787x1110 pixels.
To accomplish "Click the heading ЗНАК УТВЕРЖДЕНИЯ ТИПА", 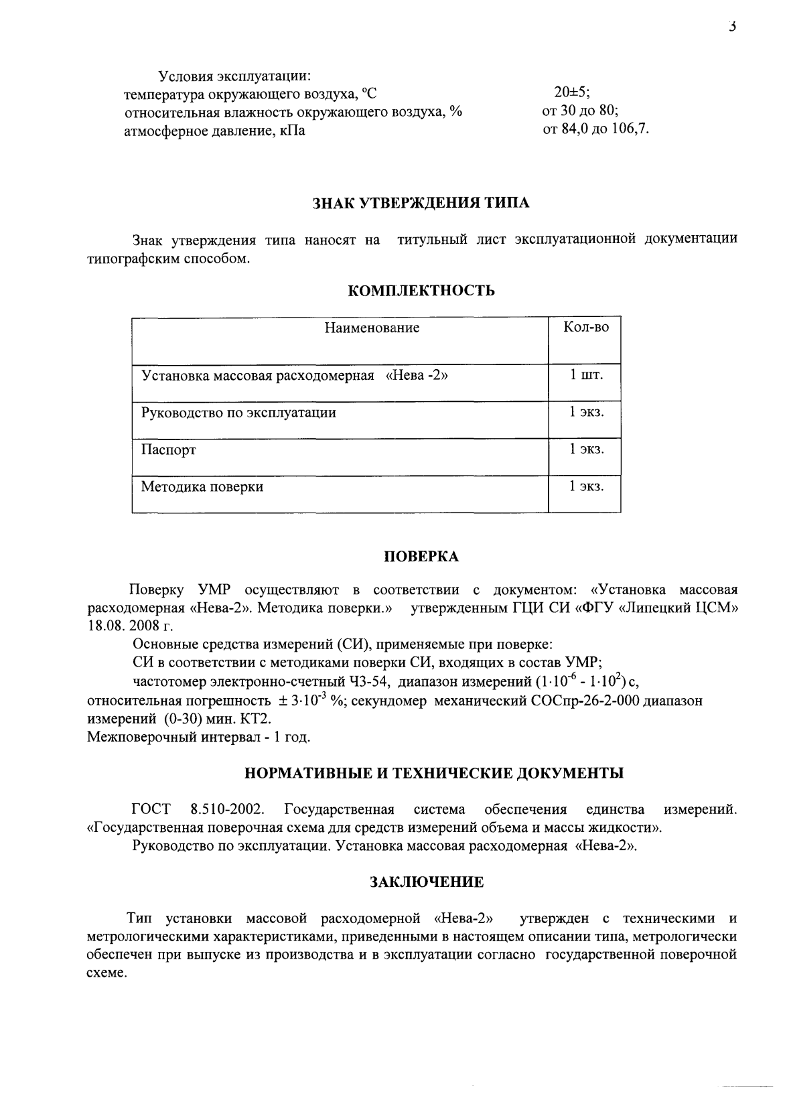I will point(421,204).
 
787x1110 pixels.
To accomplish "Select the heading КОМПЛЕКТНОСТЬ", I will point(422,290).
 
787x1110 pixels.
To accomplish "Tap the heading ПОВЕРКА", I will point(421,557).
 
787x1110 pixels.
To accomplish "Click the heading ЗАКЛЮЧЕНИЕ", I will point(427,882).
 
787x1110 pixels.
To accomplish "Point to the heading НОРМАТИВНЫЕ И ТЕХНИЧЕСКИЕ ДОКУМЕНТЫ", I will point(433,773).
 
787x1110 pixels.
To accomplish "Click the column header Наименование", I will point(372,328).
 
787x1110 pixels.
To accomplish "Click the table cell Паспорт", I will point(169,449).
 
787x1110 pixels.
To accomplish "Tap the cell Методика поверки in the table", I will point(202,487).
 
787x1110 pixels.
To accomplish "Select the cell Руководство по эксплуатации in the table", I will point(239,413).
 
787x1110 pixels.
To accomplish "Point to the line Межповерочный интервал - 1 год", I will point(199,737).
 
